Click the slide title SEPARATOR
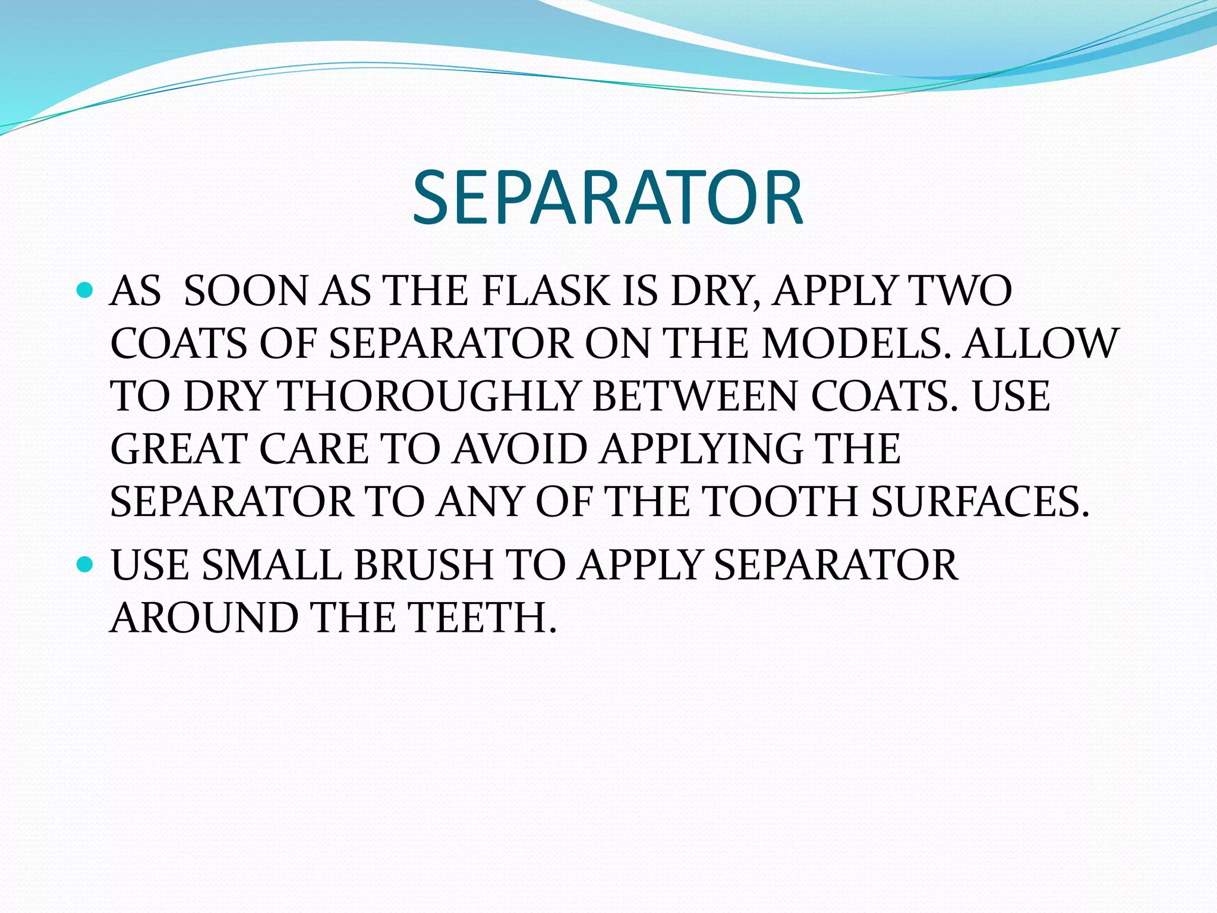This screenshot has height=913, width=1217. coord(607,198)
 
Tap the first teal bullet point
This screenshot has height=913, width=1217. coord(86,291)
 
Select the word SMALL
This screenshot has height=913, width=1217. coord(272,565)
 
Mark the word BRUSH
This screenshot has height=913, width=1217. coord(423,565)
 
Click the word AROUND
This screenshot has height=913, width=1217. coord(204,618)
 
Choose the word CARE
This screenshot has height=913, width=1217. coord(314,449)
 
